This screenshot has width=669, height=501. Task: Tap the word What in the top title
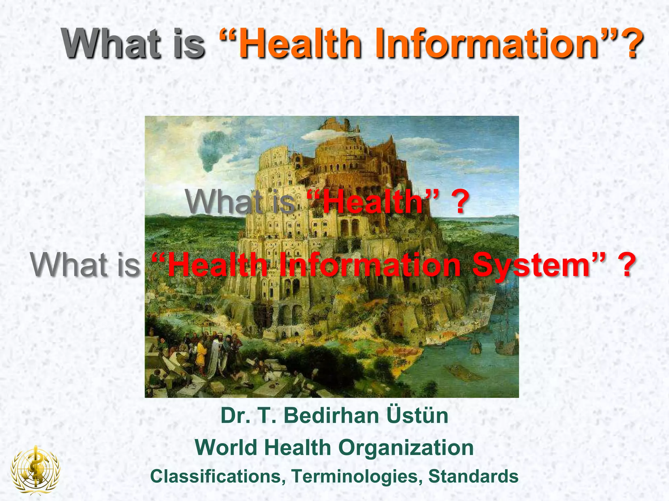[x=111, y=44]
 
